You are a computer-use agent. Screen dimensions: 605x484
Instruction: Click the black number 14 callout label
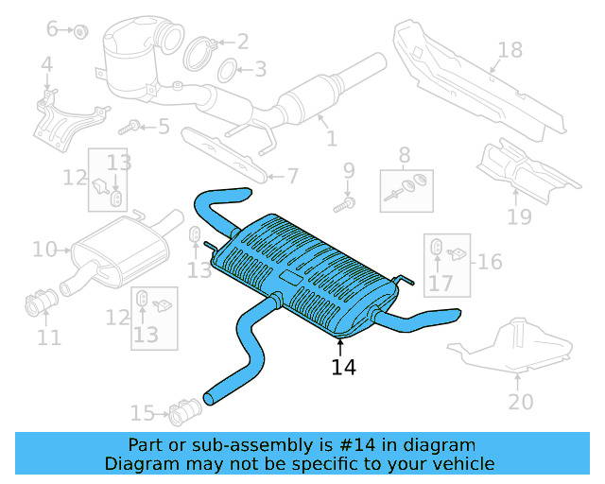click(x=344, y=367)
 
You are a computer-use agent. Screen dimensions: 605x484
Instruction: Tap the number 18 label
click(x=510, y=49)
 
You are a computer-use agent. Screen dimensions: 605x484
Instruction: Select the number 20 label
click(x=520, y=402)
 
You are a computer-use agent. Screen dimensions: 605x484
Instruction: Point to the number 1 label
click(x=331, y=139)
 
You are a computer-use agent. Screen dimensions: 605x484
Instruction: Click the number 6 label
click(x=52, y=29)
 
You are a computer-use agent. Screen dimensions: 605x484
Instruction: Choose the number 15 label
click(x=142, y=413)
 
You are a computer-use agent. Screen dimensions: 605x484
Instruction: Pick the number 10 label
click(x=43, y=250)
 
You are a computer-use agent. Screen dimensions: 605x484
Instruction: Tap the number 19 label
click(x=519, y=218)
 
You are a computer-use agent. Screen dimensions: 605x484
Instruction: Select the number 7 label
click(x=292, y=175)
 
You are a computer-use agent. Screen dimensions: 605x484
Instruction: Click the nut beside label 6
click(x=80, y=32)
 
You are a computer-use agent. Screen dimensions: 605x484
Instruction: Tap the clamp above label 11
click(x=41, y=304)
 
